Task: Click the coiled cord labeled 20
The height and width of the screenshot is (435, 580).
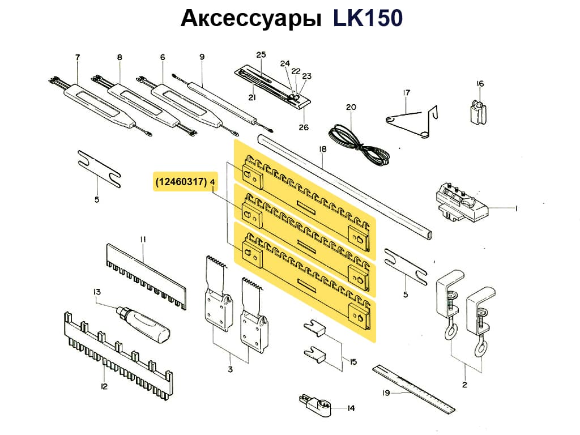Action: [x=362, y=145]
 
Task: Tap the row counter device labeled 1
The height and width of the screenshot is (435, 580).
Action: [x=461, y=203]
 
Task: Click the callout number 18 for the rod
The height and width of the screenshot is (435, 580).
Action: [x=323, y=150]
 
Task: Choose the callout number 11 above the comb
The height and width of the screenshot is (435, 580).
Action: [x=143, y=240]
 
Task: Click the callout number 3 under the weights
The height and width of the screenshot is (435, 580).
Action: [x=231, y=370]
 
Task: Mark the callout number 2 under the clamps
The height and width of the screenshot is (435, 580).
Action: [x=464, y=385]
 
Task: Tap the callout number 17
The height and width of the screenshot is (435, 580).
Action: [x=406, y=92]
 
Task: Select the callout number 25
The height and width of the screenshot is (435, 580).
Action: [x=261, y=55]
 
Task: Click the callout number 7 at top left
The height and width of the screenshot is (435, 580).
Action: [x=78, y=57]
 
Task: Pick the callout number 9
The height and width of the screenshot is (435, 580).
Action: [x=202, y=57]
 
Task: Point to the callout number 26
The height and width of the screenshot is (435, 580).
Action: [x=304, y=127]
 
